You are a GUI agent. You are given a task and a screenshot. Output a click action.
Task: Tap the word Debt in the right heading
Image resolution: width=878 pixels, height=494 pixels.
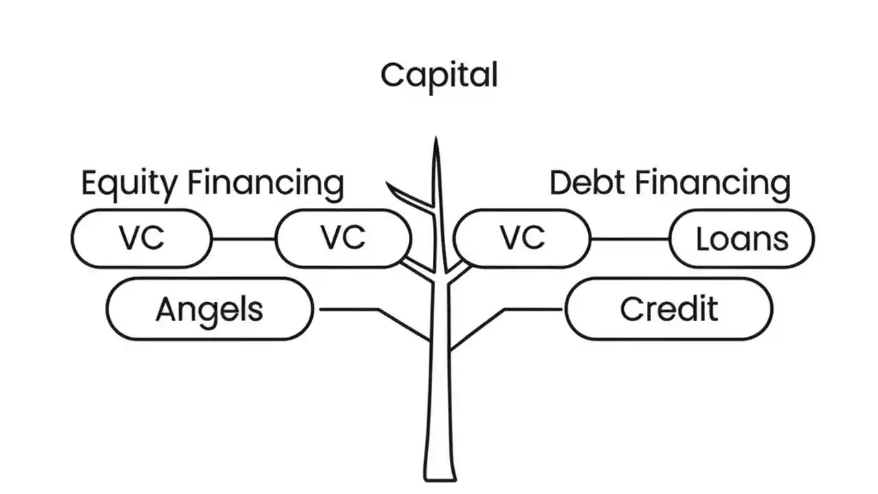pos(587,183)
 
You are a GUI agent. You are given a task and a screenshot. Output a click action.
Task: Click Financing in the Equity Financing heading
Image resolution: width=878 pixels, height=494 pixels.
pos(265,184)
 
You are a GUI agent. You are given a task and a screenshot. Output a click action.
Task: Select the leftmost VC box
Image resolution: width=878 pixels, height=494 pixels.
pos(142,239)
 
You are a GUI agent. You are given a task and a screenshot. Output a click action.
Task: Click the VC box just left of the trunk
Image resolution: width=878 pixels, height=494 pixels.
pos(343,239)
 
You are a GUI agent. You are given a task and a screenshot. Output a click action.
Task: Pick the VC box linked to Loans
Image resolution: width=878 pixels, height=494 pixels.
pos(521,238)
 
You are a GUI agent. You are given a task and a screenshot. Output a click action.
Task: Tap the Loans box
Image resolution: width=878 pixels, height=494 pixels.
pos(741,239)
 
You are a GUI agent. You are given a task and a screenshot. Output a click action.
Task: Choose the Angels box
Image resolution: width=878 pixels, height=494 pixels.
pos(210,309)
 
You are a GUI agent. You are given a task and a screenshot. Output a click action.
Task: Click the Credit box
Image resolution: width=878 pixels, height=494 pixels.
pos(669,309)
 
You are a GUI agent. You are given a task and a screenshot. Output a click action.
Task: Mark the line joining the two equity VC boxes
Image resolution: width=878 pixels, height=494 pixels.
pos(244,239)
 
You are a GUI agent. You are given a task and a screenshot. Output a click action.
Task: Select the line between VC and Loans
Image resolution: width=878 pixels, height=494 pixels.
pos(630,239)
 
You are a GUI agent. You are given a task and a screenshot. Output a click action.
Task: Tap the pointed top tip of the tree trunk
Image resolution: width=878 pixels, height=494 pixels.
pos(435,141)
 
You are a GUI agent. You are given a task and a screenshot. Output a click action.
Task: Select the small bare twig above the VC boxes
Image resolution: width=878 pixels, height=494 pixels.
pos(405,196)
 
